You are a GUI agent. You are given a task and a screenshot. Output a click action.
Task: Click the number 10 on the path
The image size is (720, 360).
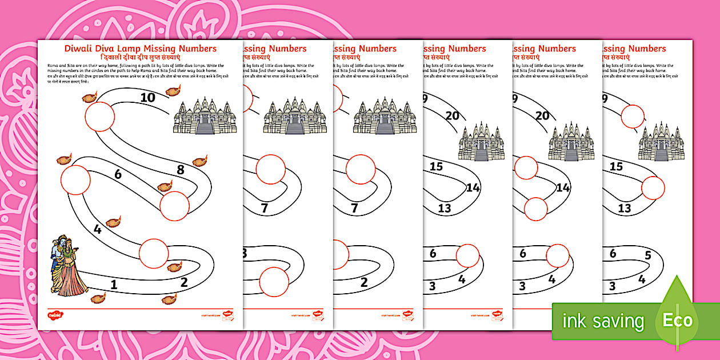[147, 98]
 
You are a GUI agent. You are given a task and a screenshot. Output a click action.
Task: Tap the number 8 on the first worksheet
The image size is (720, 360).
[181, 170]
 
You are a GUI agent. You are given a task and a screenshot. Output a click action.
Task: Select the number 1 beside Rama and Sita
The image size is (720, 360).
[114, 284]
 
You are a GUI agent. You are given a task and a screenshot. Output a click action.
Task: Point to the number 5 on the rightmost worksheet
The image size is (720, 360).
[647, 255]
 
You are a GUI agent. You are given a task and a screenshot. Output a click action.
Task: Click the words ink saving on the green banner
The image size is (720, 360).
[603, 321]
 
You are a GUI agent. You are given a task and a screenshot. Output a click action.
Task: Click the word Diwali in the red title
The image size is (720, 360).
[81, 49]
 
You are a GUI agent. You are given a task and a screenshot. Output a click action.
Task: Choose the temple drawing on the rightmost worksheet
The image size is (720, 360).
[661, 141]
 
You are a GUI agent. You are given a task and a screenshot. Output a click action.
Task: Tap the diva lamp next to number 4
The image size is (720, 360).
[113, 220]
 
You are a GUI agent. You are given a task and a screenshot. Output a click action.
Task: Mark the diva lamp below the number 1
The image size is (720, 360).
[98, 298]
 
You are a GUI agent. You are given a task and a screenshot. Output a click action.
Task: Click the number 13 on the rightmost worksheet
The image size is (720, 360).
[624, 209]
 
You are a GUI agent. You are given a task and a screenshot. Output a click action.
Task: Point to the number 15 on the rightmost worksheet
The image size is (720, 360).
[616, 167]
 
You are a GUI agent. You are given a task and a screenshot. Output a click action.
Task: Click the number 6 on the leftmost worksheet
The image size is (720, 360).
[118, 174]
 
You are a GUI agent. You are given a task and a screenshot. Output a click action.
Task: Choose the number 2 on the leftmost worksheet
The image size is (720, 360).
[184, 282]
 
